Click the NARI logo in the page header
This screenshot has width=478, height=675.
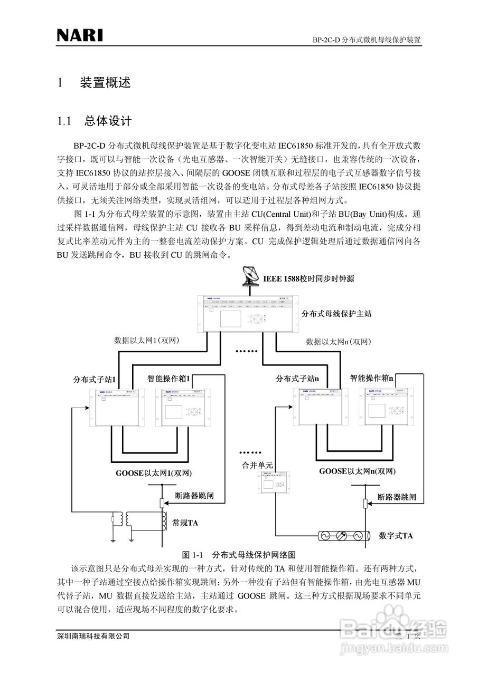coord(80,36)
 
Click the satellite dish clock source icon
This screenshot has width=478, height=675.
coord(250,275)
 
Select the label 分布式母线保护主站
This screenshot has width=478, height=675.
coord(336,314)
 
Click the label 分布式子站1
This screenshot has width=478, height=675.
coord(95,379)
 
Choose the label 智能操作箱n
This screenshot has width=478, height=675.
coord(372,378)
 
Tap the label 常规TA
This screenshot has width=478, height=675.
coord(185,523)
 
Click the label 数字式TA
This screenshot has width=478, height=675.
coord(396,536)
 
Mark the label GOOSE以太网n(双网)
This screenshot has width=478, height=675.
coord(357,471)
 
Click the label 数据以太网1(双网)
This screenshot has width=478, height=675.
coord(147,341)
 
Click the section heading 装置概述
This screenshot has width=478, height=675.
coord(105,83)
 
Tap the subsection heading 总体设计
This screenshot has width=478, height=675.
coord(108,121)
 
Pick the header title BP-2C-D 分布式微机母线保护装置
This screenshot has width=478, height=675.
coord(366,40)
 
